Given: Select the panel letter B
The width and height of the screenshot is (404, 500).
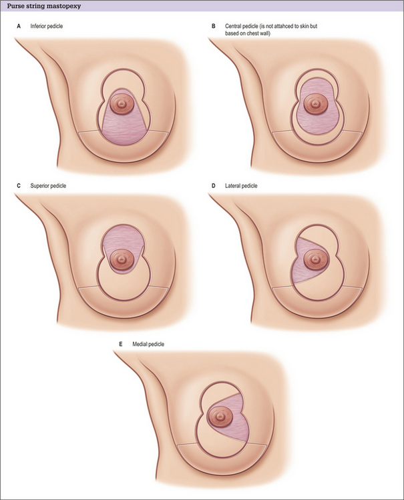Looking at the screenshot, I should (x=213, y=26).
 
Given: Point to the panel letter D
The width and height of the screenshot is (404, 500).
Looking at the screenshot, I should (x=213, y=184).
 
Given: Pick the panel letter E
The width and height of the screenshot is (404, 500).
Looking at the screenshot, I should (x=120, y=344).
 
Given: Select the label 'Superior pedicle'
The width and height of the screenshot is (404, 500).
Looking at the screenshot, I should (x=49, y=184).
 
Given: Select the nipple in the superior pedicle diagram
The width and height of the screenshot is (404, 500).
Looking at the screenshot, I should (x=122, y=258).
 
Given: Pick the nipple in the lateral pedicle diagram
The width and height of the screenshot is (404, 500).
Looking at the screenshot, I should (x=313, y=259).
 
